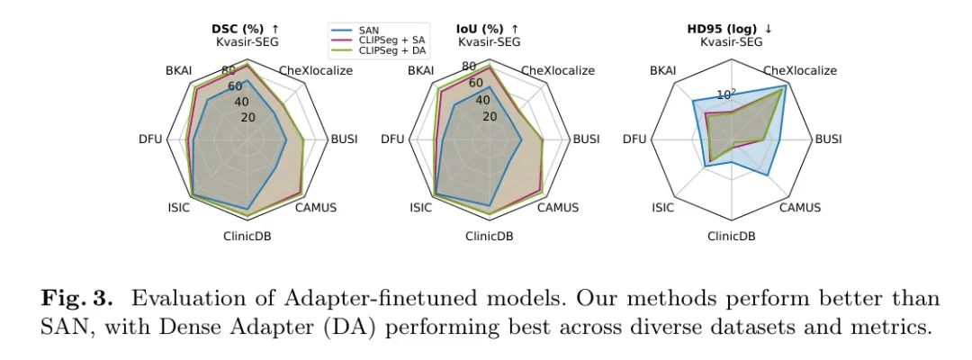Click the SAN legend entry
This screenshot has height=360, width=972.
click(x=370, y=31)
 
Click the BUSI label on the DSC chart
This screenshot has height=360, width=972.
click(x=344, y=139)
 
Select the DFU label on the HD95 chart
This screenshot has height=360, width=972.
click(x=634, y=139)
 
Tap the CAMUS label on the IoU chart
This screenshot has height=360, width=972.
click(x=560, y=208)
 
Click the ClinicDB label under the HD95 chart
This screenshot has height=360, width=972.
click(x=731, y=237)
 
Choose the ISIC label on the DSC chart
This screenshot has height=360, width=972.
click(x=177, y=208)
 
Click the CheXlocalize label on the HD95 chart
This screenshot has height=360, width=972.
click(x=799, y=70)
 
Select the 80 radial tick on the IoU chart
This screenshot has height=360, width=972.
click(x=469, y=67)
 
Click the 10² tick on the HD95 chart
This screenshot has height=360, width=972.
click(x=725, y=93)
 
